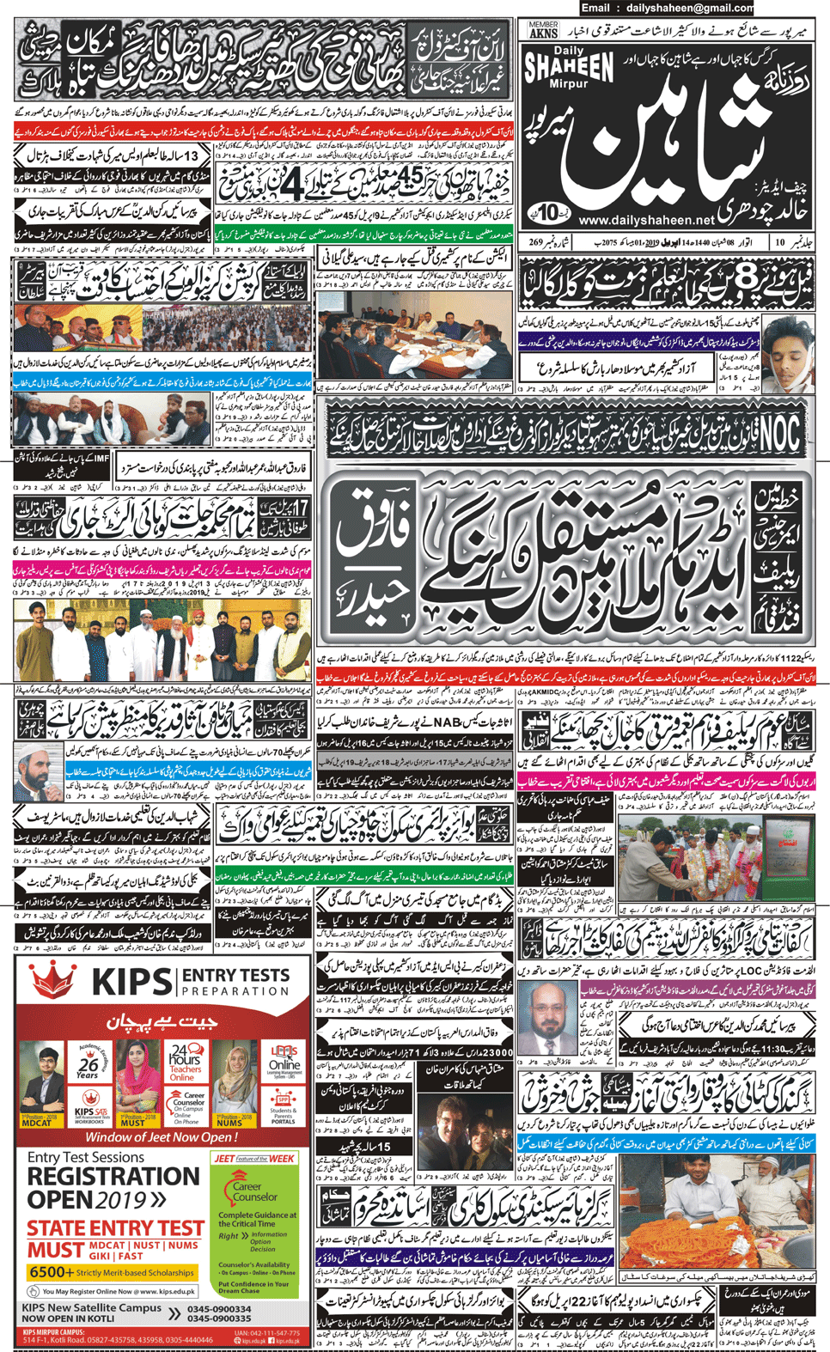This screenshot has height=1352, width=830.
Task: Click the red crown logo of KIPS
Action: pyautogui.click(x=53, y=980)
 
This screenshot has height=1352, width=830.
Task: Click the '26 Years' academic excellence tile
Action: pyautogui.click(x=88, y=1066)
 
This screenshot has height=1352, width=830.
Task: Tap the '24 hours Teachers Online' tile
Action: pyautogui.click(x=183, y=1064)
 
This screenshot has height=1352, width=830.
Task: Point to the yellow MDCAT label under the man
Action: pyautogui.click(x=37, y=1123)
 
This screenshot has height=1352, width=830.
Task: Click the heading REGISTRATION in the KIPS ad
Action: pyautogui.click(x=113, y=1176)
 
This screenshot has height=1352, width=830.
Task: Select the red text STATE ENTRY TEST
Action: pyautogui.click(x=114, y=1228)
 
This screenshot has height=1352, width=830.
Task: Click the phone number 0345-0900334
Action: pyautogui.click(x=219, y=1309)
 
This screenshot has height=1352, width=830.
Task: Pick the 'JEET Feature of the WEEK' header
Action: pyautogui.click(x=254, y=1158)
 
